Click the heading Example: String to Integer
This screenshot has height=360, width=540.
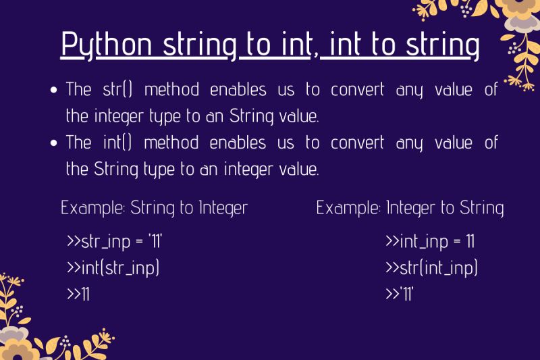pos(155,207)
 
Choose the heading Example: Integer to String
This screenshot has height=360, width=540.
pos(410,207)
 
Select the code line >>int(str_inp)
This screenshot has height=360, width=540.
pos(113,268)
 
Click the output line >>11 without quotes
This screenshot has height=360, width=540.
pos(78,294)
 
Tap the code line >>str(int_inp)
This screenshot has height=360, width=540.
pos(431,268)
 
